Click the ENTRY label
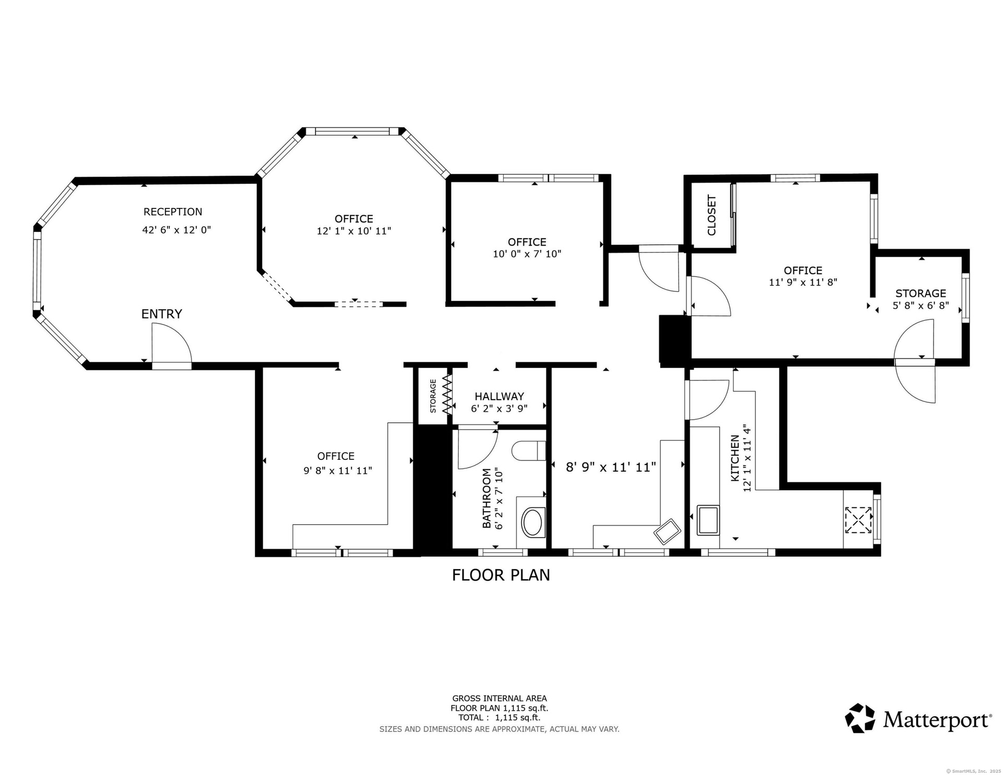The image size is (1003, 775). coord(162,314)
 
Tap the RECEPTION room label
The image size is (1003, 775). coord(173,212)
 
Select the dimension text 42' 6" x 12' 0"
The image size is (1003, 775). coord(177,230)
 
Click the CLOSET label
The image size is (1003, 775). coord(712,215)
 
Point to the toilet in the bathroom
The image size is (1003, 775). coord(529,450)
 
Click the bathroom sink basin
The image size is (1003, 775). coord(533,522)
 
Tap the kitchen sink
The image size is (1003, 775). coord(708,520)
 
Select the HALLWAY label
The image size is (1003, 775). coord(499,397)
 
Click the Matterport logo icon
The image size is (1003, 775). coord(860,718)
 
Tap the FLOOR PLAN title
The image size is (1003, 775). coord(501,575)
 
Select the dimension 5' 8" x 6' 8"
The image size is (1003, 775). coord(920,305)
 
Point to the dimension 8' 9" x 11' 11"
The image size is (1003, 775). coord(611,467)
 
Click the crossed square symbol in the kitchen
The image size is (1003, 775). coord(858,520)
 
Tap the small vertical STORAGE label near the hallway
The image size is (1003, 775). coord(433,396)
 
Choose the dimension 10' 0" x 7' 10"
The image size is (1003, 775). coord(527,254)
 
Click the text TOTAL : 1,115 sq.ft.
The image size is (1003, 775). coord(499,718)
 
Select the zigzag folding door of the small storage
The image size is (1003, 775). coord(447,395)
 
